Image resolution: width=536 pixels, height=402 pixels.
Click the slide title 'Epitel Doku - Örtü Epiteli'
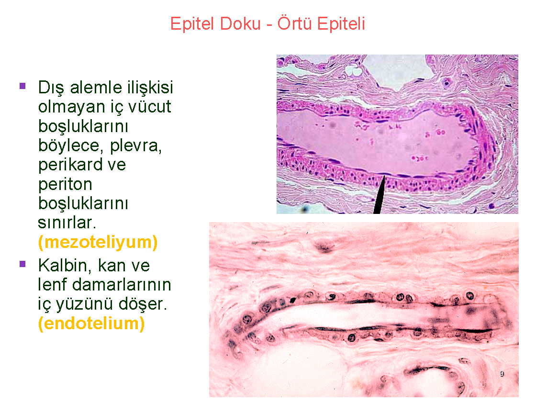268,23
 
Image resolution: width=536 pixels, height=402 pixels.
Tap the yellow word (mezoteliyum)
98,243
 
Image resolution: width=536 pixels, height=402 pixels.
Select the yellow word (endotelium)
91,324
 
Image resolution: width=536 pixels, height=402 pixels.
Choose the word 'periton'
65,184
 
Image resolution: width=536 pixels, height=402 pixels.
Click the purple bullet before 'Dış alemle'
22,86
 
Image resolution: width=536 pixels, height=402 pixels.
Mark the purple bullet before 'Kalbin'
22,264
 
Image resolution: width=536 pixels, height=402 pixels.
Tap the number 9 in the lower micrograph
502,374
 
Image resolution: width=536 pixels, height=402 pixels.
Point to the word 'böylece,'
68,145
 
